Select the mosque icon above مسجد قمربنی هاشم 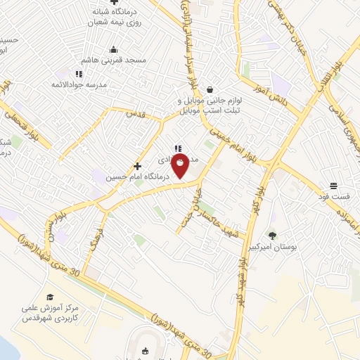(114, 49)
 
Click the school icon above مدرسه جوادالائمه (79, 73)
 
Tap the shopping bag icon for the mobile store (211, 89)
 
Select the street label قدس (134, 112)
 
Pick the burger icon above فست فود (333, 186)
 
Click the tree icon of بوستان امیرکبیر (272, 236)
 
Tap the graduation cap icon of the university (49, 297)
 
